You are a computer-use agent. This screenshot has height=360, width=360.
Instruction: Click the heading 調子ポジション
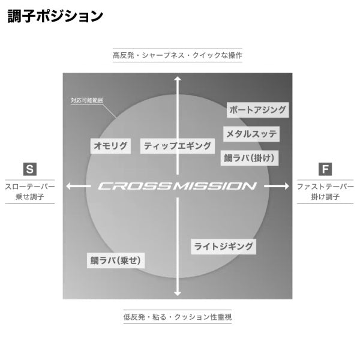point(55,16)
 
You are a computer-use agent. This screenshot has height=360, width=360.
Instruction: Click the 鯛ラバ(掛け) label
point(249,157)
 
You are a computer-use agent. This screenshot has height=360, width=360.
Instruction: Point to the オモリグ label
point(110,145)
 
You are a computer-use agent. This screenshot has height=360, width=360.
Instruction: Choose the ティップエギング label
point(178,145)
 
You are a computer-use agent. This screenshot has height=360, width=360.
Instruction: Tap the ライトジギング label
point(223,246)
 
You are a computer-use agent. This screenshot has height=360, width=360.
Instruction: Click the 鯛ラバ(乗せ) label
point(118,260)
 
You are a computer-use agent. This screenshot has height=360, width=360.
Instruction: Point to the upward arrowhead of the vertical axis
point(178,78)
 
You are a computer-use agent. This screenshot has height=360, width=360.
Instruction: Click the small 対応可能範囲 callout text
point(88,100)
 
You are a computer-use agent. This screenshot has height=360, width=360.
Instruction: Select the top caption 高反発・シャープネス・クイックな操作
point(178,55)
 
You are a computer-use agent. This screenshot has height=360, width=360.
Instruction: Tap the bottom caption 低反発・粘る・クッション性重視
point(178,316)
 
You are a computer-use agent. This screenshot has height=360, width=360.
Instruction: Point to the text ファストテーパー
point(325,187)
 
